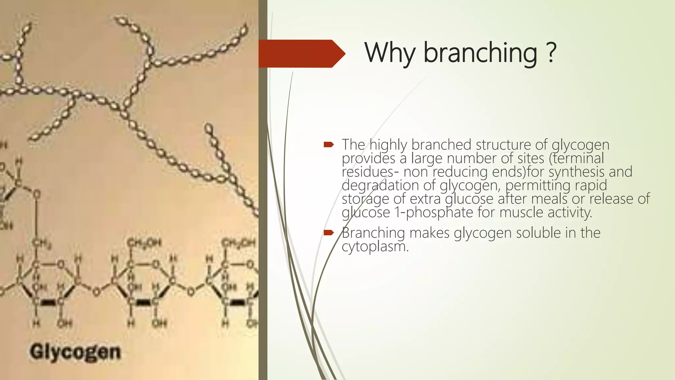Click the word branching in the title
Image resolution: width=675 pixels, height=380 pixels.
(x=480, y=53)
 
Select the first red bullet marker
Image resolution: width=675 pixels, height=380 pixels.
(x=329, y=144)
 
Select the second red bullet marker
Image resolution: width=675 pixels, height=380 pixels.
(x=329, y=233)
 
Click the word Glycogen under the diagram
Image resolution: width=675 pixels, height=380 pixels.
(x=75, y=352)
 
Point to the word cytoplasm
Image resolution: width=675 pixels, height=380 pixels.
(x=375, y=246)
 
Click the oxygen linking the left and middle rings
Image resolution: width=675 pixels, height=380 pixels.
(x=96, y=292)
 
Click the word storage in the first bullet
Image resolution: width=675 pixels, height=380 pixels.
(x=365, y=199)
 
